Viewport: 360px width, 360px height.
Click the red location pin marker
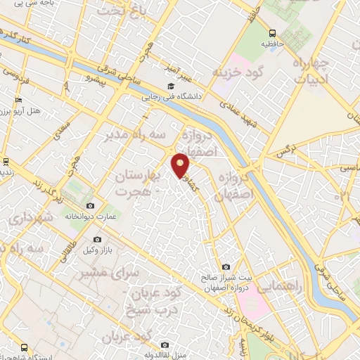point(181,165)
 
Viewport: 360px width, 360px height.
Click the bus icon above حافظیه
point(272,33)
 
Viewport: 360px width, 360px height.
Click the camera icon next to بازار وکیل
point(97,240)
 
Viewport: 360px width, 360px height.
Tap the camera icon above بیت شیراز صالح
point(226,266)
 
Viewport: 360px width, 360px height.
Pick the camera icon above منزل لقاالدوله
point(165,345)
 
